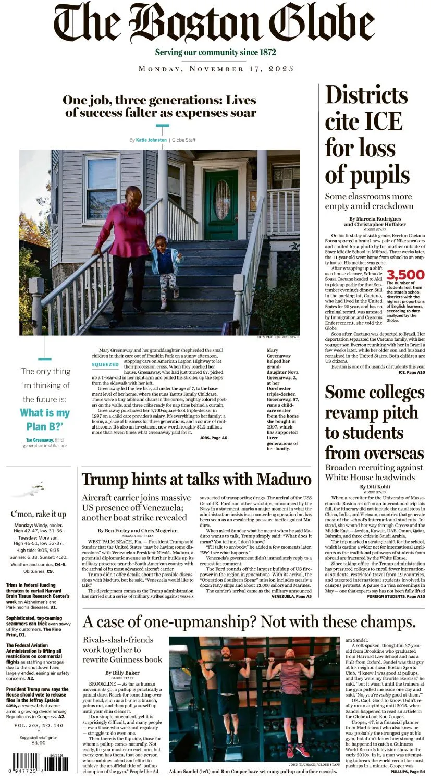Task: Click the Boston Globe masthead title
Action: tap(215, 23)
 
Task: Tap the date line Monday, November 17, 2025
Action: tap(216, 69)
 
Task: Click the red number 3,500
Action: tap(405, 275)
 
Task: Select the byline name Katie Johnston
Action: tap(151, 140)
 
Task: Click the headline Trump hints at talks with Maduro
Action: tap(196, 479)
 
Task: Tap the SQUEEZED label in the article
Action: tap(105, 364)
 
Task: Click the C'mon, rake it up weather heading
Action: tap(39, 514)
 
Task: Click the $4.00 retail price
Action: tap(39, 743)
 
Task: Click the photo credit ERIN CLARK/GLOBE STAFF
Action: tap(278, 337)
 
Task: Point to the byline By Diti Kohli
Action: tap(374, 487)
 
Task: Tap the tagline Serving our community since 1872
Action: tap(215, 53)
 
